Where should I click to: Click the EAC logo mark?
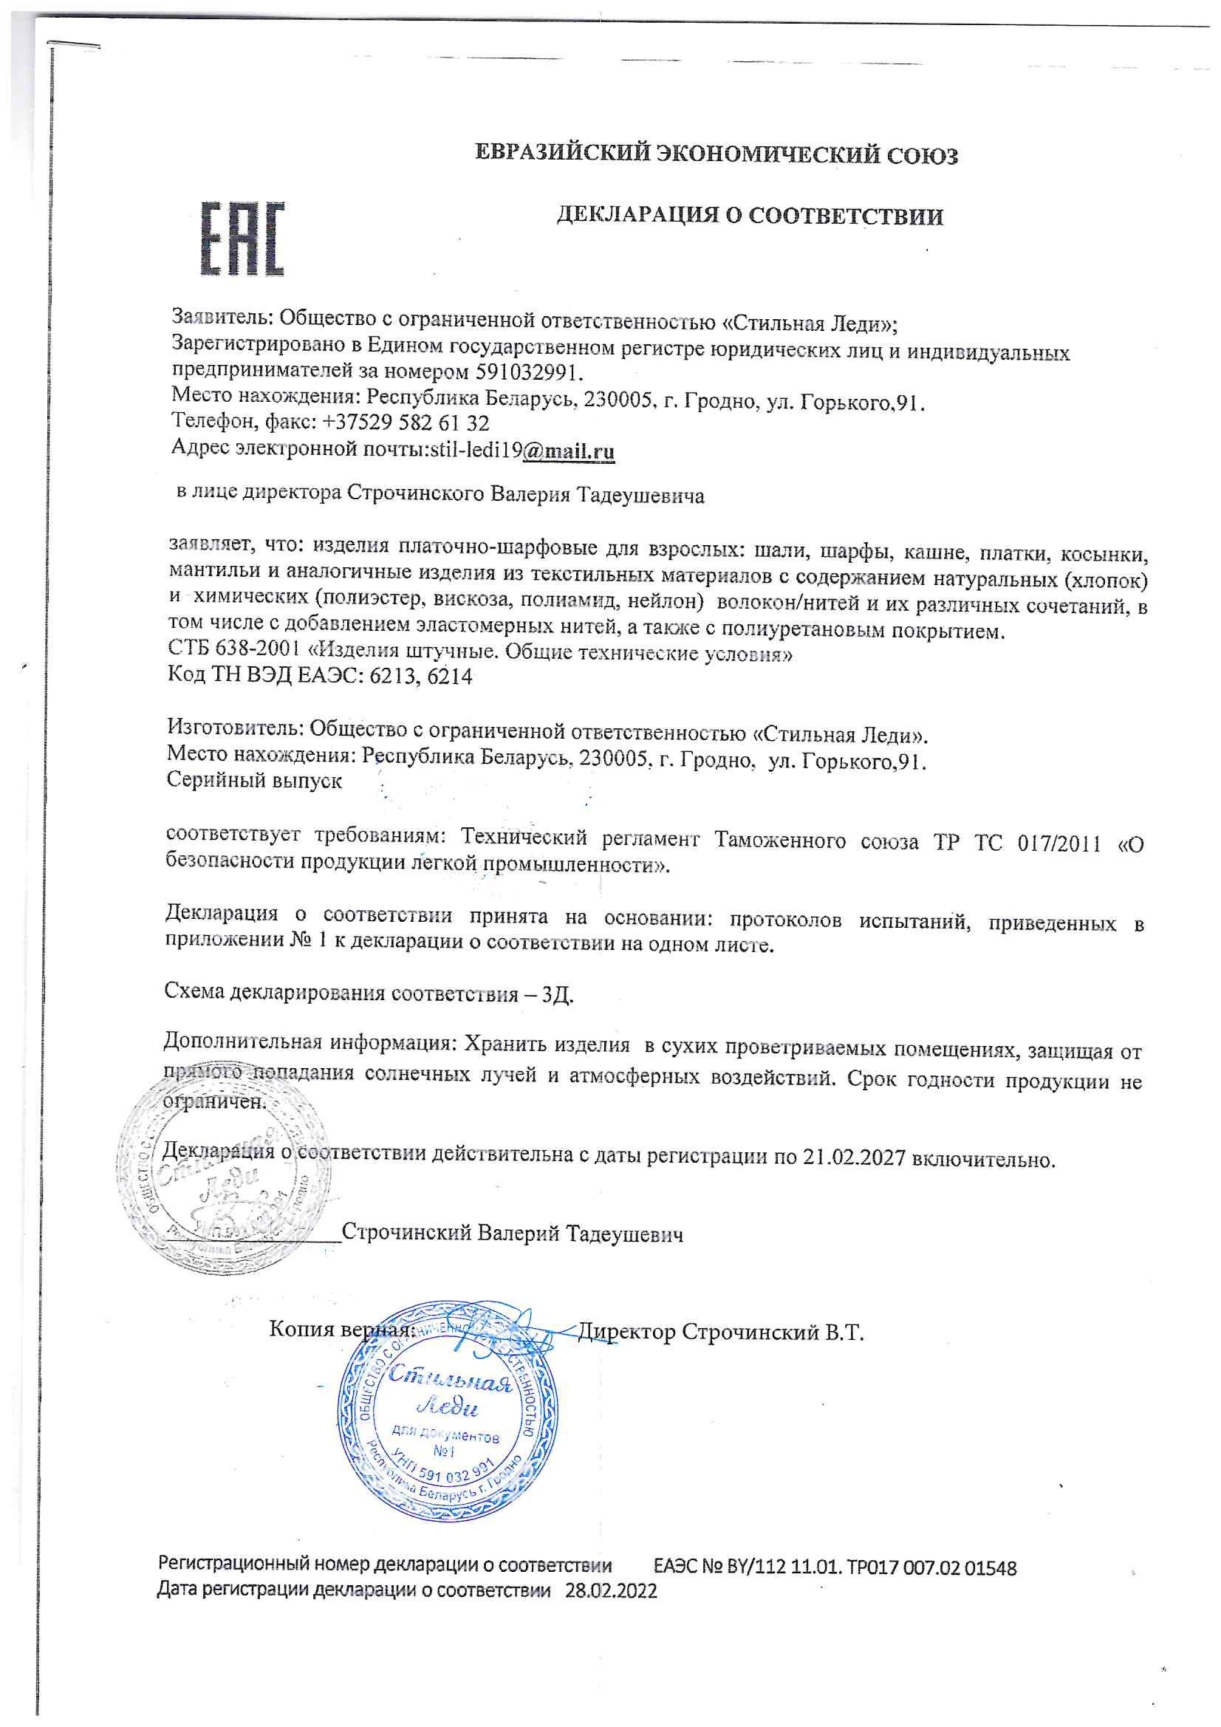point(242,239)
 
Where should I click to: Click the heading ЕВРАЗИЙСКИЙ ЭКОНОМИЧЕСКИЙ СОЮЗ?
point(716,154)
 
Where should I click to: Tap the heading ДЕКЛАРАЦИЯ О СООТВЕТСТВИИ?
point(749,216)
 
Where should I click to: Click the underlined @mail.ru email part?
point(569,451)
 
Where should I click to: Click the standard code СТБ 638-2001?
point(234,649)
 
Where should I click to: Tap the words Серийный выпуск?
point(254,780)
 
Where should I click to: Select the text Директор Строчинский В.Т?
point(720,1332)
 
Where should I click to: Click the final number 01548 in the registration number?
point(990,1568)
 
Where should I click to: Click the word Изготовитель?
point(234,728)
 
